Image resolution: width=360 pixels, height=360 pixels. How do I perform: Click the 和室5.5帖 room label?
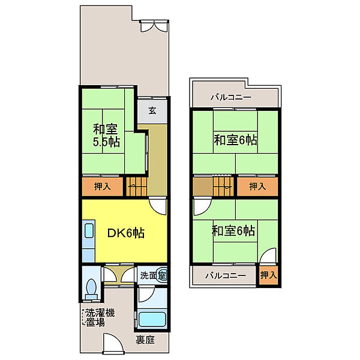106,136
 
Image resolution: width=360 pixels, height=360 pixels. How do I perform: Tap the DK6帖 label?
126,233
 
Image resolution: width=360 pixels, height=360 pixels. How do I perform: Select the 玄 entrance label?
152,110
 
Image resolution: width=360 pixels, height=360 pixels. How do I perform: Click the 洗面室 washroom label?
153,275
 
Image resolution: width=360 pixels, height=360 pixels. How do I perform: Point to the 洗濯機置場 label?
100,317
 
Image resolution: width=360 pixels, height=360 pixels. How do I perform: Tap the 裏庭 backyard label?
145,340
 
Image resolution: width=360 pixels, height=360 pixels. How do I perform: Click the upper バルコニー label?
231,98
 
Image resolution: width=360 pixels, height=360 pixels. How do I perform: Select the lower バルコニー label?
226,275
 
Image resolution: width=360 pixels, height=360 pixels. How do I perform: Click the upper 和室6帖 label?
235,140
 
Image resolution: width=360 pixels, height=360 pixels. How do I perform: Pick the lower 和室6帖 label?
233,231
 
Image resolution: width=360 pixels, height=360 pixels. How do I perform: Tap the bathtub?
152,319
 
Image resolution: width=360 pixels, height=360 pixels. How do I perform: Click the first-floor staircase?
136,187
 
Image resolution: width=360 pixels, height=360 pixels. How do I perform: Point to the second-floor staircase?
223,186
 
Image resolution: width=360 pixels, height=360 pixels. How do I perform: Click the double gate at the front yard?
154,26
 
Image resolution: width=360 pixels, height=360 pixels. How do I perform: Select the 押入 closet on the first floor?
103,187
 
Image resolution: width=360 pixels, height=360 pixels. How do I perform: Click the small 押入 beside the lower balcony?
268,275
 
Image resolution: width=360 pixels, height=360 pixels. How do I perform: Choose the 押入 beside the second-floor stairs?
257,186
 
